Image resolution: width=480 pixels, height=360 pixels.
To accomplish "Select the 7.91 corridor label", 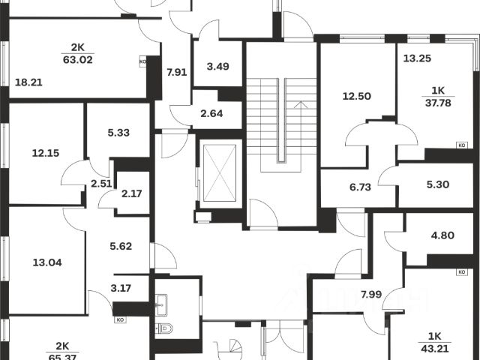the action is tap(176, 72).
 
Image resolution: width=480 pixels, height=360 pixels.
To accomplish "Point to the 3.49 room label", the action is tap(217, 66).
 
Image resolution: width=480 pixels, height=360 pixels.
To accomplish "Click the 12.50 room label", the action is tap(357, 95).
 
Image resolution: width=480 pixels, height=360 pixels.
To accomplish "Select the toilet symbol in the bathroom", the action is tap(167, 328).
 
